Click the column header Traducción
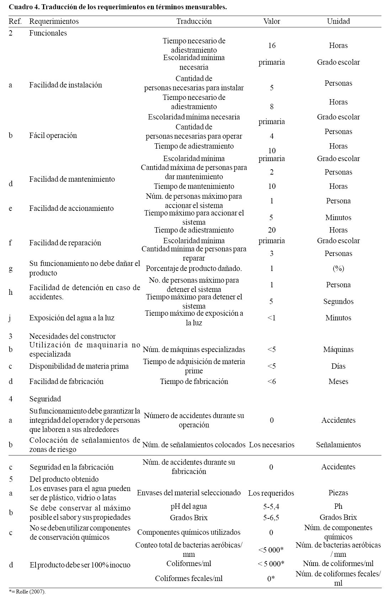(194, 21)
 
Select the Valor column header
(271, 21)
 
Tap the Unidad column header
(338, 21)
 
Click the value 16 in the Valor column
(271, 46)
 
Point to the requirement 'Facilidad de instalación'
(65, 85)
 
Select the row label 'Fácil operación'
(53, 135)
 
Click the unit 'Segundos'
(338, 302)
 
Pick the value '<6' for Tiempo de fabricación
(271, 382)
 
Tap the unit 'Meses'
(338, 382)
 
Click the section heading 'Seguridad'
(45, 399)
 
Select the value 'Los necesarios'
(271, 445)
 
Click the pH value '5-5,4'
(271, 506)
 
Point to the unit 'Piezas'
(338, 493)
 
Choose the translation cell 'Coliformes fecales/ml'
(189, 579)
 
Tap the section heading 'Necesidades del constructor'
(72, 336)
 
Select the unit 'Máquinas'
(338, 350)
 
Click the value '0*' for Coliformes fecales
(271, 579)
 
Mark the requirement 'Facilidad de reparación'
(65, 243)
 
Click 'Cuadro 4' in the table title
(21, 7)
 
